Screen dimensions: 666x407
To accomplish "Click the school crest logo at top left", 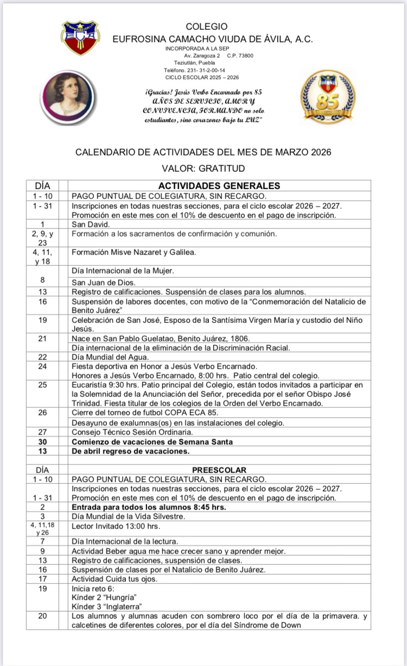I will [x=80, y=37].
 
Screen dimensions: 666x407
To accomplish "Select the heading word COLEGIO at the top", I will [x=207, y=27].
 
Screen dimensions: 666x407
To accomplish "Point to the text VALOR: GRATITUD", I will [x=203, y=169].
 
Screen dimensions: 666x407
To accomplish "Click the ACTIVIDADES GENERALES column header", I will [x=219, y=185].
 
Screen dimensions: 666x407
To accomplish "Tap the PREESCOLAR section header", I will [x=219, y=469].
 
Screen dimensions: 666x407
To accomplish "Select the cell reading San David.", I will [x=91, y=224].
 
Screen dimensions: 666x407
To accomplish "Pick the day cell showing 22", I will [x=42, y=357].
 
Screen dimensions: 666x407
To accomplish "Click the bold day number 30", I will [x=42, y=441].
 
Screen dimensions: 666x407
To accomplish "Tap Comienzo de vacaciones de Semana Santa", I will [x=152, y=441].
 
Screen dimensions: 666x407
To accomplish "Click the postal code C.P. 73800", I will [x=240, y=55].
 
